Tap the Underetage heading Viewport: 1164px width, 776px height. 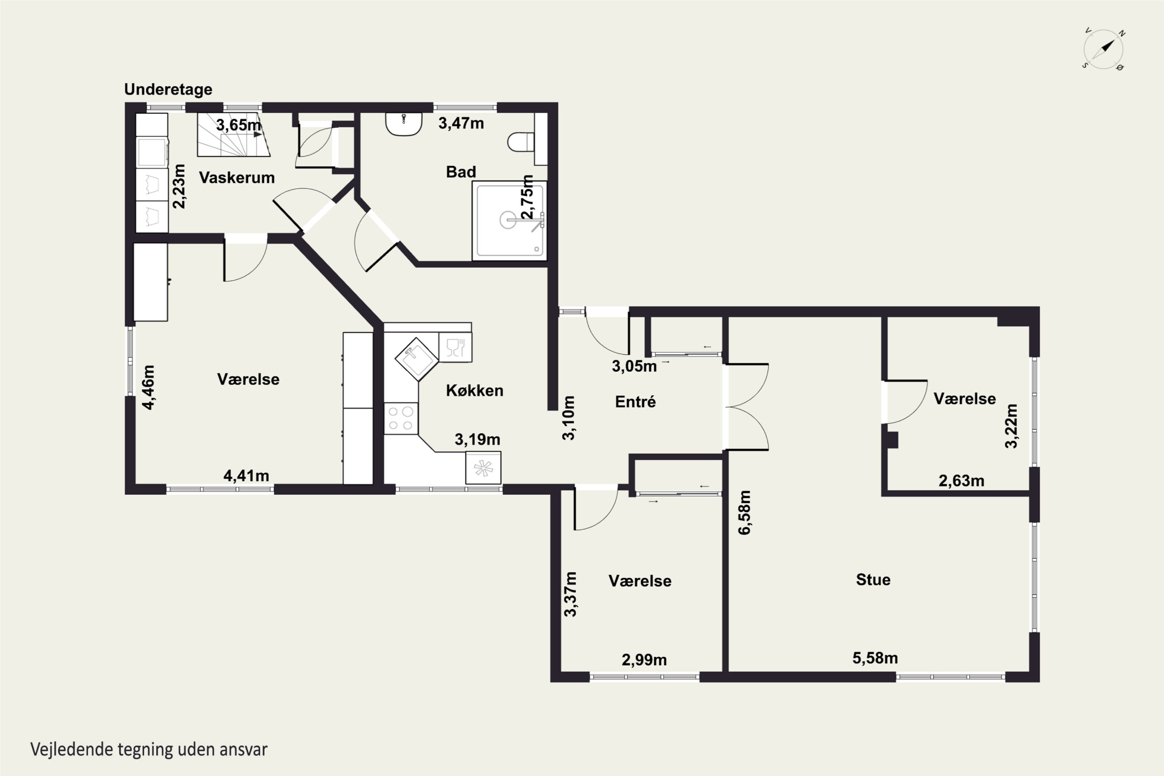click(x=168, y=89)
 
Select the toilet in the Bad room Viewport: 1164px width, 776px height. click(x=521, y=142)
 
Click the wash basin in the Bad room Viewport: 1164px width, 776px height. click(x=404, y=124)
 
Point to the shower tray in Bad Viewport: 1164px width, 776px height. click(x=509, y=221)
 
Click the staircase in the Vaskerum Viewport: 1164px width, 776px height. click(x=234, y=135)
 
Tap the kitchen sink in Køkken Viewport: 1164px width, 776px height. click(x=417, y=359)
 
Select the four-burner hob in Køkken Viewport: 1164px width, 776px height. click(x=401, y=419)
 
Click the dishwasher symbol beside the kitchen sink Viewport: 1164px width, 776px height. click(x=455, y=347)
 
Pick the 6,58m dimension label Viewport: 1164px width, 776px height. click(x=745, y=512)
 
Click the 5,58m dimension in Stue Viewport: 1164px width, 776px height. click(x=875, y=658)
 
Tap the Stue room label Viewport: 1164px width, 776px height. click(x=873, y=580)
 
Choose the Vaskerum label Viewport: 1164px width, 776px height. click(x=237, y=177)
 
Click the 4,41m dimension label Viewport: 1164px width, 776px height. click(x=246, y=476)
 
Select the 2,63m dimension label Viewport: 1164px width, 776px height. click(x=961, y=481)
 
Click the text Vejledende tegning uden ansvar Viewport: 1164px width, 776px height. click(x=149, y=750)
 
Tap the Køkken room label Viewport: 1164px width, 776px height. click(x=475, y=390)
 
